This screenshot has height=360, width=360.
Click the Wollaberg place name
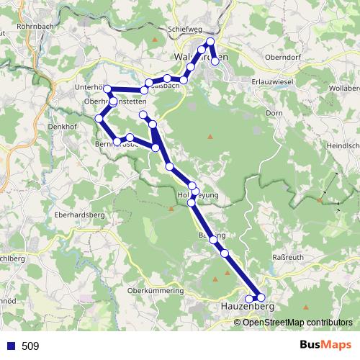click(x=344, y=88)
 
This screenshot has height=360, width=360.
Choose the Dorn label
click(x=274, y=114)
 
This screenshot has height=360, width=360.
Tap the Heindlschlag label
click(x=343, y=145)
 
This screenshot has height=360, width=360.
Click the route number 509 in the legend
click(x=30, y=346)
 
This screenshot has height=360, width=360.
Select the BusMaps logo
click(x=326, y=346)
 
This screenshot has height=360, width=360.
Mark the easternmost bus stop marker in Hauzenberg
click(x=261, y=297)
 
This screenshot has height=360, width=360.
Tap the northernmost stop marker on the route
click(x=210, y=41)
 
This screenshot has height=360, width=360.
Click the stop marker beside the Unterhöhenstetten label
click(x=108, y=89)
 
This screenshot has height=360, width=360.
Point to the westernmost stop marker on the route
click(x=99, y=117)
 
